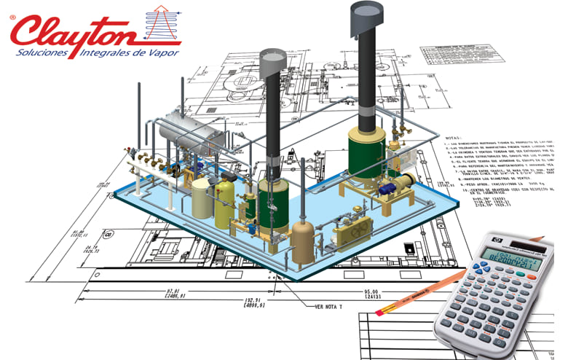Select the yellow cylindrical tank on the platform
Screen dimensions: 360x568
pos(225,197)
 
